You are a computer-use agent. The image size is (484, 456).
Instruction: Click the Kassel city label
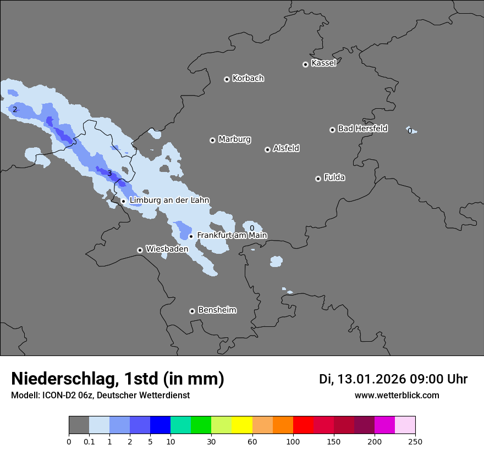[323, 63]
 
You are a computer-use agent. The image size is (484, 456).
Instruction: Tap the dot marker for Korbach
[227, 79]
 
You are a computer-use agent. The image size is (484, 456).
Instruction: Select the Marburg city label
[234, 140]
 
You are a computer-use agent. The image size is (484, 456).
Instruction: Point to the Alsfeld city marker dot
[267, 149]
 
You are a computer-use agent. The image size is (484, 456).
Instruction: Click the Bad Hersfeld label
[362, 129]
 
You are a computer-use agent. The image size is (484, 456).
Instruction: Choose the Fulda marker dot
[318, 179]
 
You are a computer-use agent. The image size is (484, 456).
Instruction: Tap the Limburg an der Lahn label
[169, 201]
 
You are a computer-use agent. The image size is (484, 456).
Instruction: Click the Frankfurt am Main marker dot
[191, 237]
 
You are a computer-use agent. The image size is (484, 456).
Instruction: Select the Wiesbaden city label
[167, 249]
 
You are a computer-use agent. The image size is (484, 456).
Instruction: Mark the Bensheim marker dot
[192, 311]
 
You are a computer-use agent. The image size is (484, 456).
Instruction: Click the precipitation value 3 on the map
[109, 174]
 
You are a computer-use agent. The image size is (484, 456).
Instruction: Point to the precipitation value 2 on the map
[15, 109]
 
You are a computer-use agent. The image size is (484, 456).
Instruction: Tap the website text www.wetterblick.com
[397, 396]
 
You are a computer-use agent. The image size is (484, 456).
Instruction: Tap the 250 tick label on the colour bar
[415, 441]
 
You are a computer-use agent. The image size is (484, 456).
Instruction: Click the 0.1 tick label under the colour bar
[89, 441]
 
